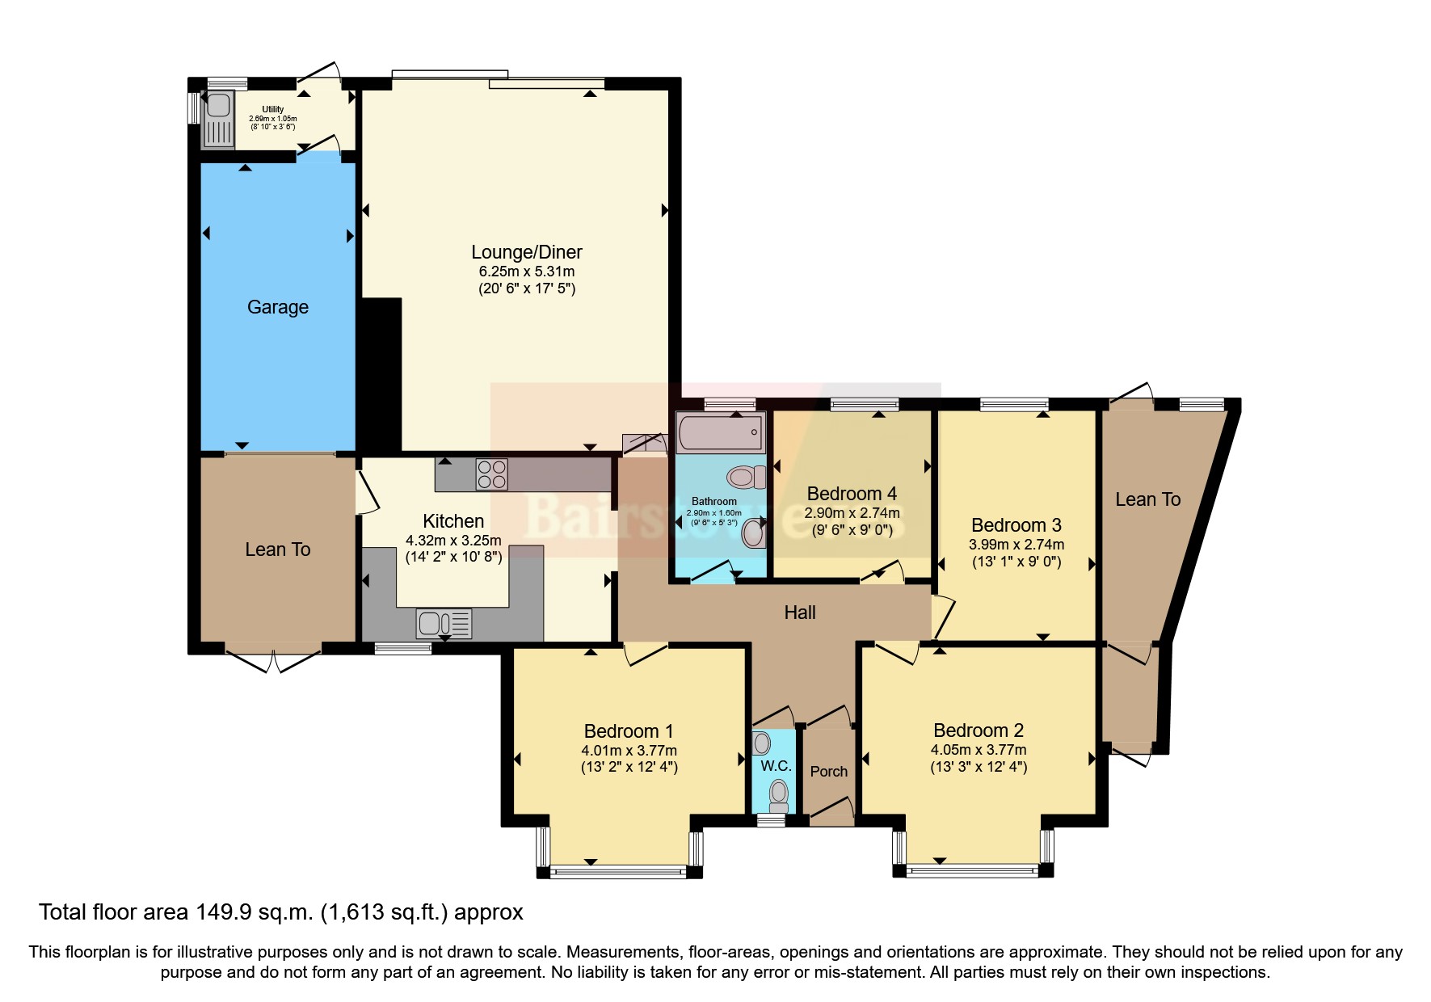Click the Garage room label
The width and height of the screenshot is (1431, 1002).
click(277, 307)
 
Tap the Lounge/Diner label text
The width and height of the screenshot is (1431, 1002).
click(526, 252)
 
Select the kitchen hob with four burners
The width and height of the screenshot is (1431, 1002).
click(491, 474)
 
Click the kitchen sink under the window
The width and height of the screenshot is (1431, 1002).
click(444, 623)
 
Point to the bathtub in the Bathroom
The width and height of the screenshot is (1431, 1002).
click(721, 432)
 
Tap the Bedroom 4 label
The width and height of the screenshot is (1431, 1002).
click(852, 494)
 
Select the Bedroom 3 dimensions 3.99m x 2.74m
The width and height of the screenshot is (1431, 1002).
click(1016, 545)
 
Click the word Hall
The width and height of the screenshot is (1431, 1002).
click(800, 613)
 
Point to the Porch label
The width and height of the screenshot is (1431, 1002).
click(829, 772)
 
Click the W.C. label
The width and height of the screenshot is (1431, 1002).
click(776, 765)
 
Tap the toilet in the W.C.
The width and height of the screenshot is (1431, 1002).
click(779, 794)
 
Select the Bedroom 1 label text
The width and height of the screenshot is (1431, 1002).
click(628, 731)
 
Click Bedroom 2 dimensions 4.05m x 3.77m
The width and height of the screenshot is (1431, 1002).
click(978, 749)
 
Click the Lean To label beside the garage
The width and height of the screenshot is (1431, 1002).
click(277, 549)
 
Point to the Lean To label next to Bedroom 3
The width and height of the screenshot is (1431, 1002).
click(1147, 499)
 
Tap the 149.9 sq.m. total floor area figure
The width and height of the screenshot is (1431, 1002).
click(254, 912)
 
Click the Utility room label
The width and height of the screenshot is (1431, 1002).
click(272, 109)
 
